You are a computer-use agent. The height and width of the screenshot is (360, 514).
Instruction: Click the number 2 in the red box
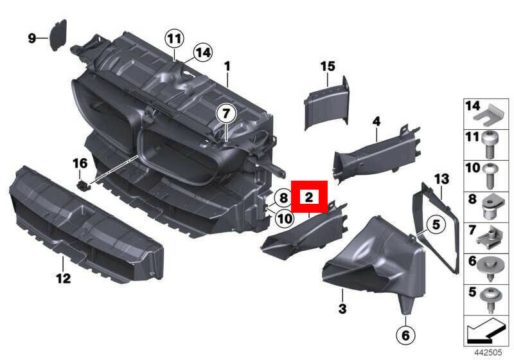point(309,197)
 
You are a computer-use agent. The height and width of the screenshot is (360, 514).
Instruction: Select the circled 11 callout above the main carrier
point(174,39)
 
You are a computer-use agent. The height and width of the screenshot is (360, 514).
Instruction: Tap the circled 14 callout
point(203,53)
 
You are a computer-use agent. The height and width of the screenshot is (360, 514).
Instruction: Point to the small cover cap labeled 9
point(58,35)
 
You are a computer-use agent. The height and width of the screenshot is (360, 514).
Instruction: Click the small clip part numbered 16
point(84,185)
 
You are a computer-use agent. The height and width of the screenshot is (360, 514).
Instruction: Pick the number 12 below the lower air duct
point(64,278)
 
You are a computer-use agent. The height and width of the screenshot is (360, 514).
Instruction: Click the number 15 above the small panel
point(328,66)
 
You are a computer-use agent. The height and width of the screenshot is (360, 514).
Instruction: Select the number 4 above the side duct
point(377,122)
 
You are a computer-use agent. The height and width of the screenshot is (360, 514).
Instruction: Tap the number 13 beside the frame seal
point(441,179)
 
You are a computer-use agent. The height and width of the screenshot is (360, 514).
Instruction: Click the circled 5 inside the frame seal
point(436,225)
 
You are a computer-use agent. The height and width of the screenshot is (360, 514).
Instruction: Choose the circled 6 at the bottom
point(405,335)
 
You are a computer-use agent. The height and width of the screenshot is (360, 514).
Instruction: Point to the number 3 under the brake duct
point(342,309)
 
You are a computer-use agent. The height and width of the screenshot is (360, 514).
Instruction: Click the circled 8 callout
point(283,198)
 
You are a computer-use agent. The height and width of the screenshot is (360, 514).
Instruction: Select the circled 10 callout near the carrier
point(285,218)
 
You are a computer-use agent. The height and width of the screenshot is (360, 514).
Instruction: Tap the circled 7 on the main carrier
point(226,113)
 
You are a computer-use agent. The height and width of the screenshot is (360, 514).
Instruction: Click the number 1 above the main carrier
point(227,67)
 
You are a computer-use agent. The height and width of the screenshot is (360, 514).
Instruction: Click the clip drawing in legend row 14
point(490,114)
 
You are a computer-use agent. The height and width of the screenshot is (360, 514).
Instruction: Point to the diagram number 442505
point(488,352)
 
